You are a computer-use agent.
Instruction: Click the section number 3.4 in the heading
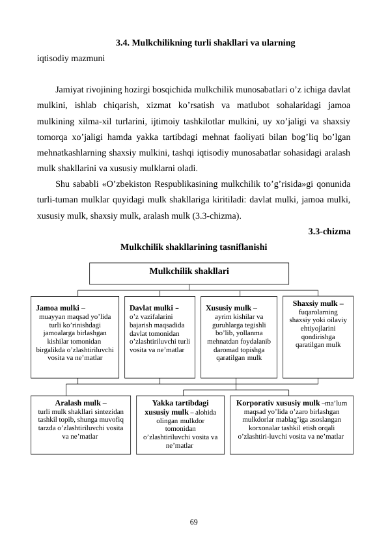click(x=122, y=43)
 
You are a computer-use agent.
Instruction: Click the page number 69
click(x=194, y=522)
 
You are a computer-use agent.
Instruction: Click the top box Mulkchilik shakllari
click(x=189, y=269)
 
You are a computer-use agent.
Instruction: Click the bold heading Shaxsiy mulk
click(x=318, y=303)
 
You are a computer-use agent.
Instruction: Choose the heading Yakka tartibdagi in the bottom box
click(x=180, y=403)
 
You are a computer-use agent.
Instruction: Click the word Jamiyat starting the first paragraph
click(x=72, y=87)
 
